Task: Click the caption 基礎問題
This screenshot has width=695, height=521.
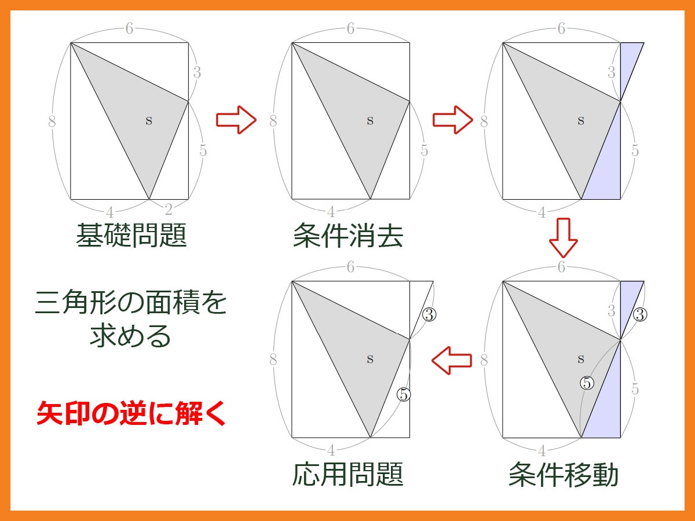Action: click(131, 236)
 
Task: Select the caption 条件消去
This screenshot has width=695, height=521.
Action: click(348, 236)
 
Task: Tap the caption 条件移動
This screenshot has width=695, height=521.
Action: click(564, 474)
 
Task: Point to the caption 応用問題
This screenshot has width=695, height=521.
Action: click(348, 474)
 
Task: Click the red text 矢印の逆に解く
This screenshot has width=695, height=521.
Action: click(131, 413)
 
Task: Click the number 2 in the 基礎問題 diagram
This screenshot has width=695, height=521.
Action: click(169, 210)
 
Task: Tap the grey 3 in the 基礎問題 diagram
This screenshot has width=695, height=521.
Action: click(197, 72)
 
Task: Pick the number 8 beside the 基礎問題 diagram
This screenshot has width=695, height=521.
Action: click(52, 121)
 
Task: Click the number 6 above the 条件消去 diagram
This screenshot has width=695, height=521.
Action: click(350, 28)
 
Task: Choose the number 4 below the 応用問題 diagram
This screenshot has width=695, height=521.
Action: click(331, 450)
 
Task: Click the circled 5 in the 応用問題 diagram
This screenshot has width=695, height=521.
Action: click(404, 394)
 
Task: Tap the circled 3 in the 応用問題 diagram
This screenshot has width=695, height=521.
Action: click(429, 314)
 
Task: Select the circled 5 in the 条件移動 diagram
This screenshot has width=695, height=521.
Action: click(587, 383)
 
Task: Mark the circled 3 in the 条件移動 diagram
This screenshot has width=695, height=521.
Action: click(640, 314)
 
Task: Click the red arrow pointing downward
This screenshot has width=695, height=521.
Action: click(564, 237)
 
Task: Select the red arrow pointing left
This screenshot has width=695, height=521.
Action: click(452, 360)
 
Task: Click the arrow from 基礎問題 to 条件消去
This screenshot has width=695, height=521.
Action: click(236, 120)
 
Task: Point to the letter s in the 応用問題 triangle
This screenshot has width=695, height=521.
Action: click(370, 359)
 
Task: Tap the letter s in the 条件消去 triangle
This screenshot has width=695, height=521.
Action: click(370, 120)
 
